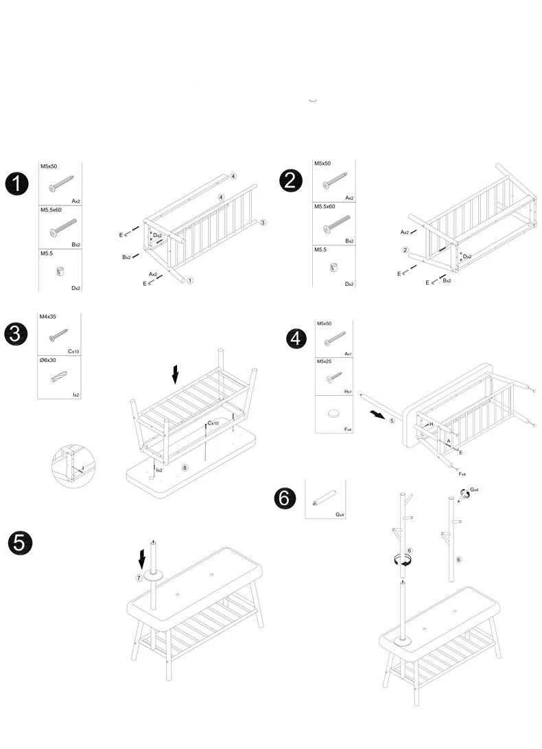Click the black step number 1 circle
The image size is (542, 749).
click(x=16, y=183)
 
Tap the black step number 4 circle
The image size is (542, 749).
click(x=296, y=338)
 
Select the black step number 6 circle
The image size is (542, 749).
click(x=285, y=498)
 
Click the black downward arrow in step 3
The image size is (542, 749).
click(x=176, y=374)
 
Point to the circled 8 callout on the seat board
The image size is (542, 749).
click(x=185, y=467)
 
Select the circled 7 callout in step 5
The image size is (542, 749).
click(x=139, y=578)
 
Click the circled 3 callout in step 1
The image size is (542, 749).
click(x=263, y=222)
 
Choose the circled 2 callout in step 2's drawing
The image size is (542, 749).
click(x=405, y=250)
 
